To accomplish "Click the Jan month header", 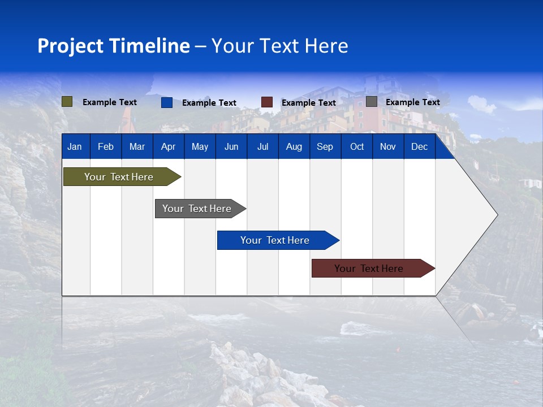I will click(x=75, y=147).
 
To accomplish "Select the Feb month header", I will click(x=106, y=147).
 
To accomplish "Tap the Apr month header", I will click(x=168, y=147).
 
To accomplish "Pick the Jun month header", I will click(x=231, y=147).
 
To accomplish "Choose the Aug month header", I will click(x=294, y=147).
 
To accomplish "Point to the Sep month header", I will click(x=325, y=147).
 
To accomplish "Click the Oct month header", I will click(x=357, y=147).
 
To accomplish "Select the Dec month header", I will click(x=419, y=147).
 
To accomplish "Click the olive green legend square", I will click(x=67, y=102).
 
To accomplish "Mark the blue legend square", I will click(x=167, y=102).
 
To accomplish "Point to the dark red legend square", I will click(x=267, y=102).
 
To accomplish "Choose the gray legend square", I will click(x=372, y=102).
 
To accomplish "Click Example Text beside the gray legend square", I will click(x=412, y=102).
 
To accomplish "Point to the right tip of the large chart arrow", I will click(x=496, y=215).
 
